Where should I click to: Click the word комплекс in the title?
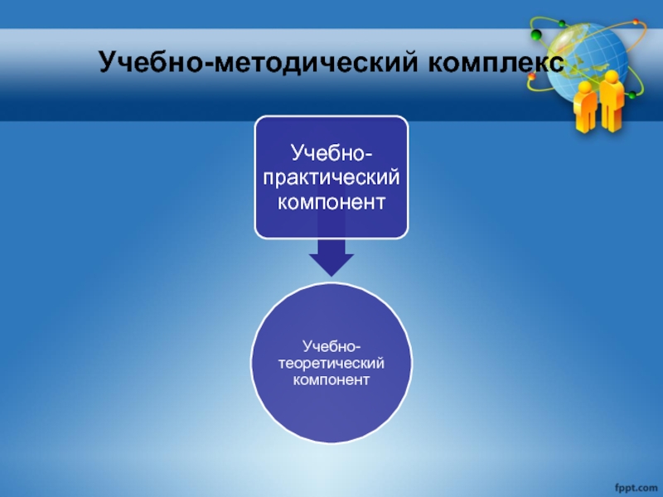tap(496, 63)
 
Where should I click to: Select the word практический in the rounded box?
tap(331, 177)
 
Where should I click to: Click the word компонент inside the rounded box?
tap(331, 202)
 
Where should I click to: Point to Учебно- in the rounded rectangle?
tap(331, 152)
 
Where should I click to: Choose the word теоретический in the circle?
tap(331, 364)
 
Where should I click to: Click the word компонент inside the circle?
tap(331, 379)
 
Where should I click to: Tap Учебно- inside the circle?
tap(331, 346)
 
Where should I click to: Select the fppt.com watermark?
tap(636, 488)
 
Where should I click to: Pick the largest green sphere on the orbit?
tap(536, 35)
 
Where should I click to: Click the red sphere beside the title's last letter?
tap(532, 76)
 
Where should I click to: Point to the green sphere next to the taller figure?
tap(632, 94)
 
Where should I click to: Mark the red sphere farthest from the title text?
tap(636, 22)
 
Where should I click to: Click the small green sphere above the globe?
tap(562, 23)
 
